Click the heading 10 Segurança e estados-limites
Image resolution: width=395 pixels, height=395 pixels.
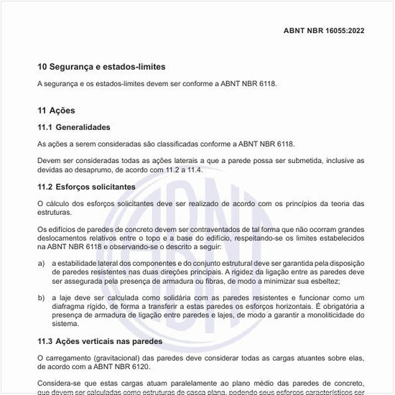pyautogui.click(x=101, y=67)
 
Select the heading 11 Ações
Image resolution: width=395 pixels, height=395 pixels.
pyautogui.click(x=56, y=111)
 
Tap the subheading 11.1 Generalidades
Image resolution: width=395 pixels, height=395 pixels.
pyautogui.click(x=73, y=127)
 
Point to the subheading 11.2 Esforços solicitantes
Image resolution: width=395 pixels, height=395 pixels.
pyautogui.click(x=86, y=187)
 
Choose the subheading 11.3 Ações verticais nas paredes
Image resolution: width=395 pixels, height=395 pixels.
pyautogui.click(x=100, y=340)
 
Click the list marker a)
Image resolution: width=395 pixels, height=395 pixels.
pyautogui.click(x=42, y=264)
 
